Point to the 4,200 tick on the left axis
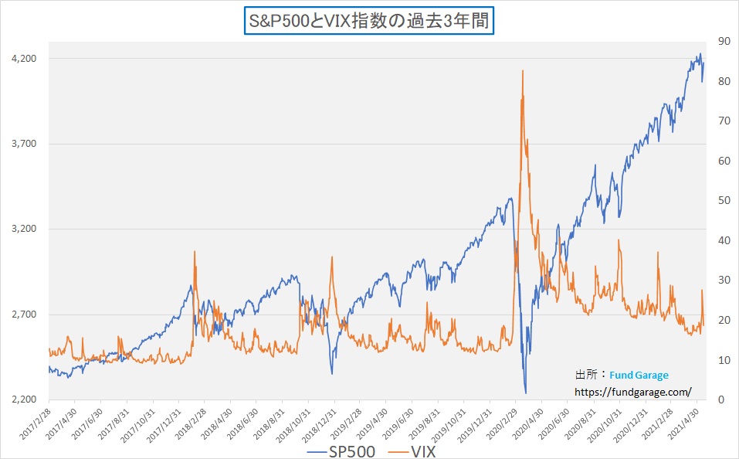[24, 59]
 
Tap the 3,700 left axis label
[24, 144]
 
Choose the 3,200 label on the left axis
[24, 229]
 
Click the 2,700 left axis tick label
[24, 314]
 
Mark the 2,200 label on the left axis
[24, 399]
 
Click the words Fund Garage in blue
[639, 375]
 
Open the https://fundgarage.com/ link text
[633, 392]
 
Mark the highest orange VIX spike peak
[523, 70]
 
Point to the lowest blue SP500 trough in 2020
[525, 393]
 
